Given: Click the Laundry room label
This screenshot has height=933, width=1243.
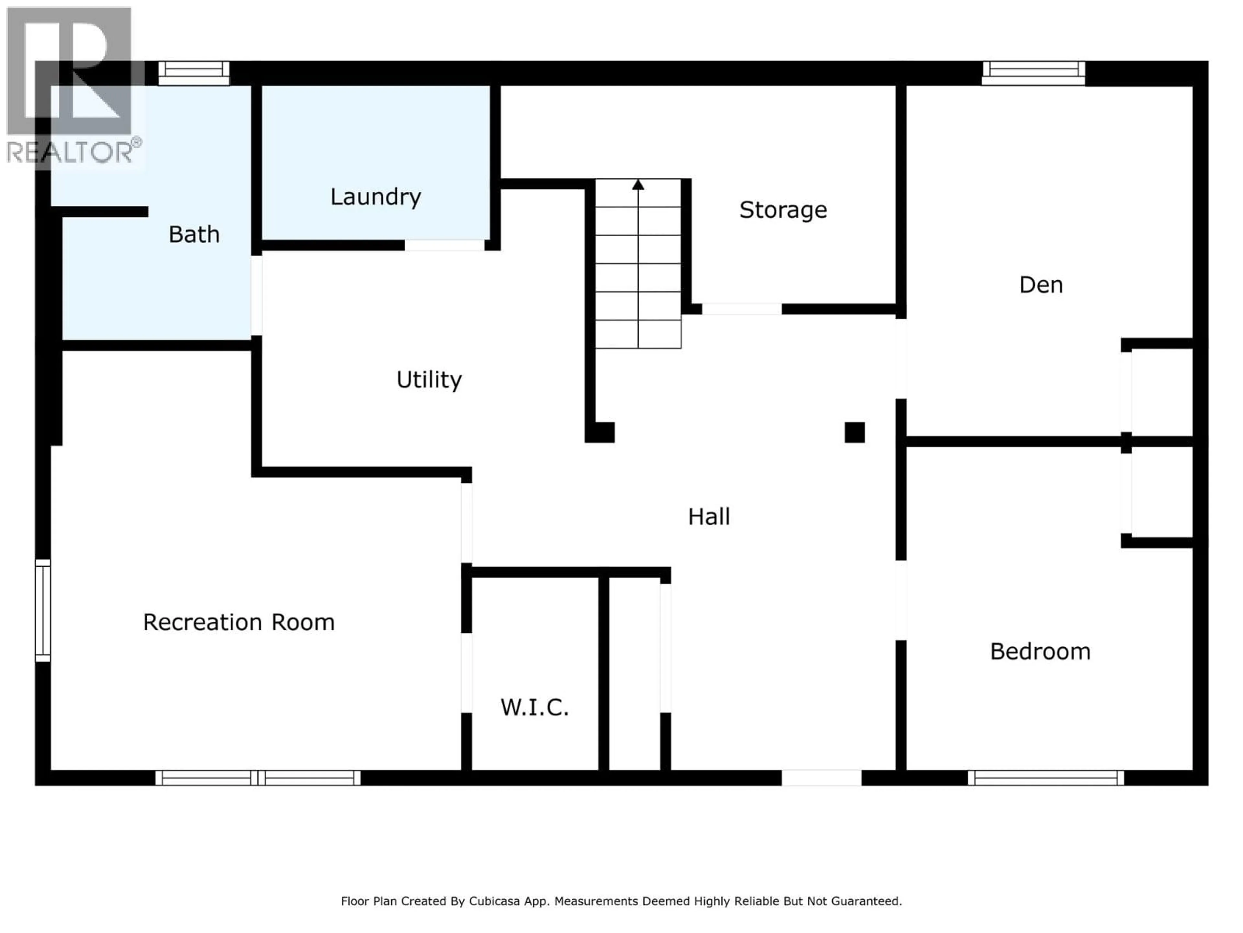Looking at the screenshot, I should [x=375, y=197].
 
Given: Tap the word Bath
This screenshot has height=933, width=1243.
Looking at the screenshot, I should [x=194, y=235].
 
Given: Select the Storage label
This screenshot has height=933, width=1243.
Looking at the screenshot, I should [x=783, y=210].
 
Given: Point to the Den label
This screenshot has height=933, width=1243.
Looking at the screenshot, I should [x=1041, y=285].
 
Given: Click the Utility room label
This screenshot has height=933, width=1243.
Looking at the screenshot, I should [x=429, y=380].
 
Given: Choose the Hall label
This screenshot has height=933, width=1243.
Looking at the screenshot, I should [x=709, y=517].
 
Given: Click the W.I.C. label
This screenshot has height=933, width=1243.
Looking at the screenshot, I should [x=534, y=708].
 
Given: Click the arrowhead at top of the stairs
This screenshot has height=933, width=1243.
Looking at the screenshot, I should [x=638, y=184].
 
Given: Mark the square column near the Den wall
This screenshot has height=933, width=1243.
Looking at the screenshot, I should [x=854, y=432].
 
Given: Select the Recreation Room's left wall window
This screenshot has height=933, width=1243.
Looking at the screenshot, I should [x=43, y=610].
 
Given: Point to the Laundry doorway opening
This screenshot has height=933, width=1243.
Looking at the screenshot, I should [x=444, y=245].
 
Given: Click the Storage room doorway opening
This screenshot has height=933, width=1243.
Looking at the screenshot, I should [x=741, y=309].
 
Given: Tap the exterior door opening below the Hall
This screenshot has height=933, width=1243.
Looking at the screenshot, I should [x=821, y=778].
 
